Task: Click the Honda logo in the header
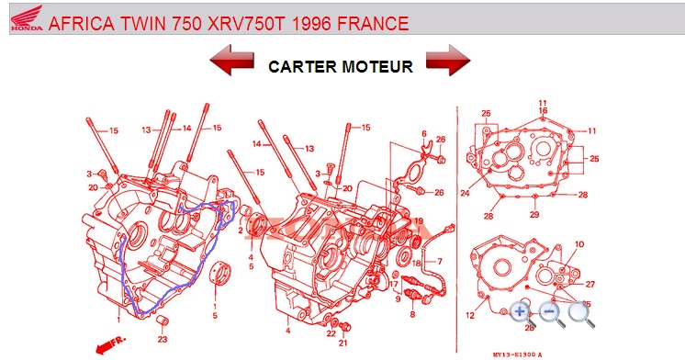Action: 24,23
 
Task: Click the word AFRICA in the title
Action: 78,23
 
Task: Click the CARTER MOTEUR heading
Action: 340,67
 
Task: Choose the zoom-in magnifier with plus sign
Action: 522,312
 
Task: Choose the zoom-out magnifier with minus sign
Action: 552,312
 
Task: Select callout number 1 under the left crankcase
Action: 118,320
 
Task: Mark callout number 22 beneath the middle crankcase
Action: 331,332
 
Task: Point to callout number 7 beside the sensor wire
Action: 439,262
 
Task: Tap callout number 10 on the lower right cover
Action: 579,243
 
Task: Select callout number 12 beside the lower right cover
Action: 469,316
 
